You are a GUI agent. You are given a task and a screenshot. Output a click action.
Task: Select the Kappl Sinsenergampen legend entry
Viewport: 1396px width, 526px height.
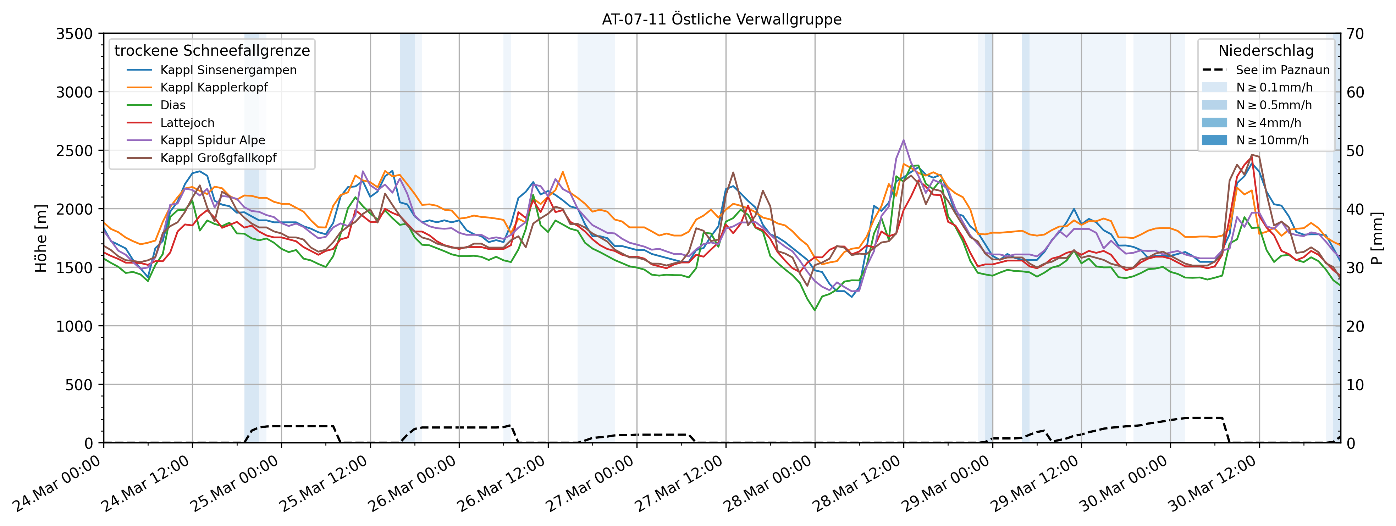point(228,70)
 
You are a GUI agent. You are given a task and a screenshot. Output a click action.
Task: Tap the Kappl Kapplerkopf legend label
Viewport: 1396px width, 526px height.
point(214,87)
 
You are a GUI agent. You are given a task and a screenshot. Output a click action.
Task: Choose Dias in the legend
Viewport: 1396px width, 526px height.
point(173,105)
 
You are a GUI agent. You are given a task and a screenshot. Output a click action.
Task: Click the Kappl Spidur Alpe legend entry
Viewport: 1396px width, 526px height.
point(213,140)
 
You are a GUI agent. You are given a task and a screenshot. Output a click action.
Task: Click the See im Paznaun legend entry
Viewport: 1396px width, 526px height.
point(1282,70)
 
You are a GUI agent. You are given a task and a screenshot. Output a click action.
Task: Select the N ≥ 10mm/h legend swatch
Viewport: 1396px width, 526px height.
point(1214,140)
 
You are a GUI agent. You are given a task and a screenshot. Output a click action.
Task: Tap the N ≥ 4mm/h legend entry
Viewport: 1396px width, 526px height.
point(1268,123)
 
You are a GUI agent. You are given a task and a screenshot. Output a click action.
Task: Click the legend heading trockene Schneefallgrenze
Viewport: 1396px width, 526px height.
point(212,50)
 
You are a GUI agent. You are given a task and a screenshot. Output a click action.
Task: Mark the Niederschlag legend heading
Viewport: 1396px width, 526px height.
point(1266,50)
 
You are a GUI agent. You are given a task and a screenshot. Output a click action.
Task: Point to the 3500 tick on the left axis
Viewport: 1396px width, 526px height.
point(74,34)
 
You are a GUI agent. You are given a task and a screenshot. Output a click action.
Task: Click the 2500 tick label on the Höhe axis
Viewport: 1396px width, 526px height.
point(74,151)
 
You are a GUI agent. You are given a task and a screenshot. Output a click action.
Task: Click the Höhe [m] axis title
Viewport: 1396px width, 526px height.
point(41,238)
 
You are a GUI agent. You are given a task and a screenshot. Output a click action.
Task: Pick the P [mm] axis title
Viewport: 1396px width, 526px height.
point(1377,238)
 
